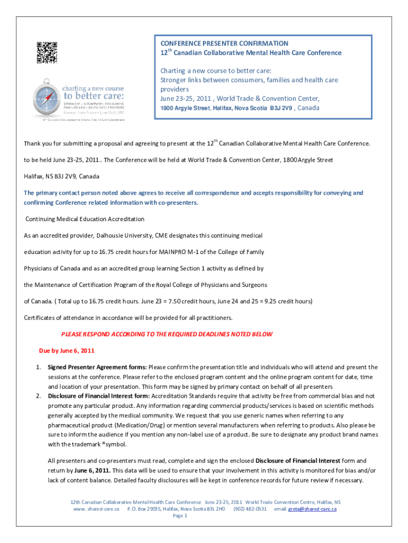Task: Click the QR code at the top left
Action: [x=47, y=52]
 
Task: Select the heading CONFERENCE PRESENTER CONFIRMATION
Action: [x=225, y=43]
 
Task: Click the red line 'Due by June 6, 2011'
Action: [x=67, y=351]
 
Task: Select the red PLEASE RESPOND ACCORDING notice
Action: [x=167, y=334]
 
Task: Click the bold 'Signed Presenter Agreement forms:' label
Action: [x=97, y=367]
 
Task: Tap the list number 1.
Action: [x=38, y=367]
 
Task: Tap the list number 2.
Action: [x=38, y=396]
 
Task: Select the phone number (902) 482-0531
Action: [x=250, y=509]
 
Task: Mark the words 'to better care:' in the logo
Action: [x=94, y=96]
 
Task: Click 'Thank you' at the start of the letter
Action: [x=37, y=144]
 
